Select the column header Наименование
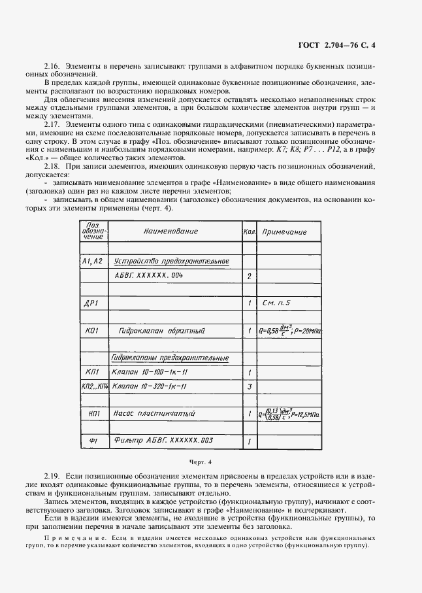point(170,231)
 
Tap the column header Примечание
point(284,232)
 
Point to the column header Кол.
point(248,232)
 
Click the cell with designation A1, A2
point(93,262)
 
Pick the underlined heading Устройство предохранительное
point(171,262)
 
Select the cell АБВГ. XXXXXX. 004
point(149,276)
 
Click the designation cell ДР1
point(91,303)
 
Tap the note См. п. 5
point(276,303)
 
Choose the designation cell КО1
point(91,331)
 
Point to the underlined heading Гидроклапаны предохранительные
point(170,358)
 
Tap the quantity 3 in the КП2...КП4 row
point(249,386)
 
